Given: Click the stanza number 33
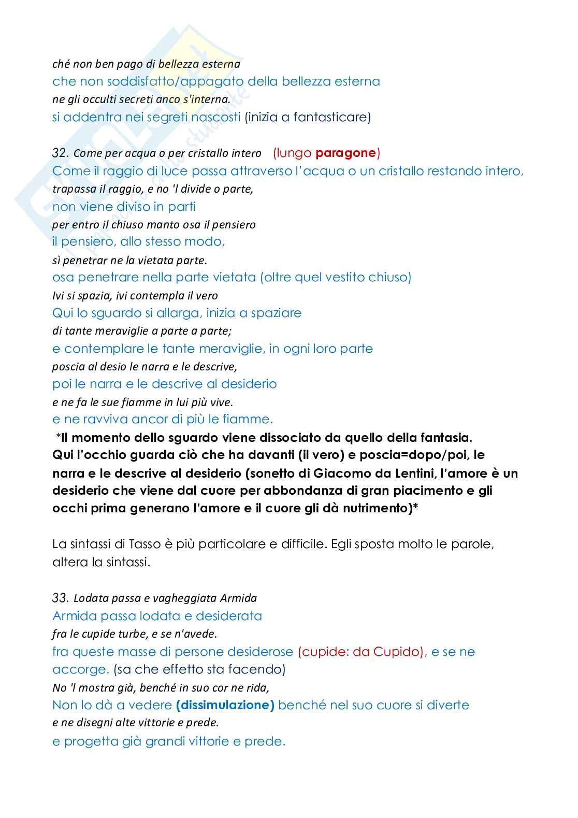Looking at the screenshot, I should click(60, 598).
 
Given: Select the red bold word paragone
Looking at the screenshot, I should click(345, 153).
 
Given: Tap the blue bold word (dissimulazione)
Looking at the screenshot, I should click(225, 705).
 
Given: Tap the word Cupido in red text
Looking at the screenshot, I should click(399, 652).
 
